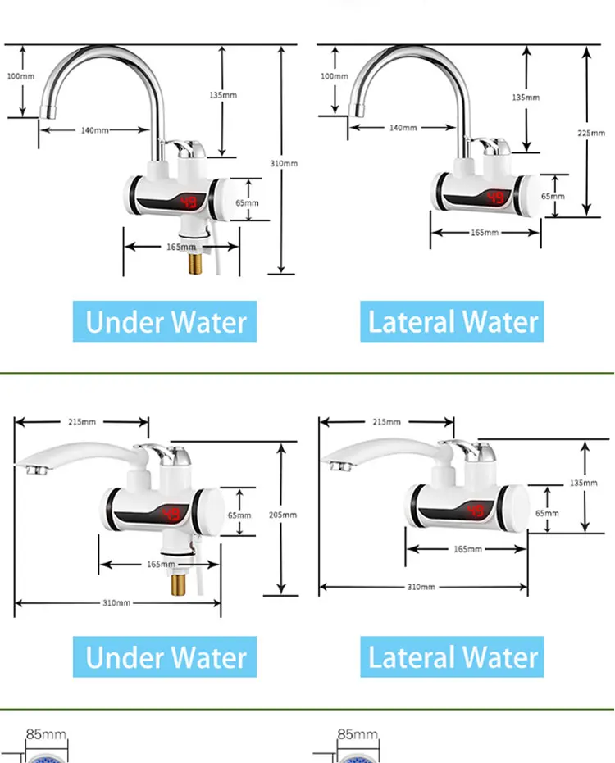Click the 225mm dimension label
(596, 133)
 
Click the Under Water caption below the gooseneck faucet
(165, 322)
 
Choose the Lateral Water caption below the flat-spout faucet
(453, 657)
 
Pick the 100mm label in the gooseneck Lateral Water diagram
(335, 76)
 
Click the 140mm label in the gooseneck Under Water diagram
(95, 130)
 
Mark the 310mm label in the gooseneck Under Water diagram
(284, 163)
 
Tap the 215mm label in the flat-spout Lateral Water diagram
(386, 422)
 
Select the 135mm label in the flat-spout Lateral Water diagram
(584, 484)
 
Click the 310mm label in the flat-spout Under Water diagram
(116, 603)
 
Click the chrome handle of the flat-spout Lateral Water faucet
(476, 449)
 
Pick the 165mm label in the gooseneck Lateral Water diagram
(485, 233)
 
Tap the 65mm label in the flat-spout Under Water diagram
(239, 515)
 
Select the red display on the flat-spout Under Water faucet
(171, 514)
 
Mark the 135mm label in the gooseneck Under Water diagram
(222, 95)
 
